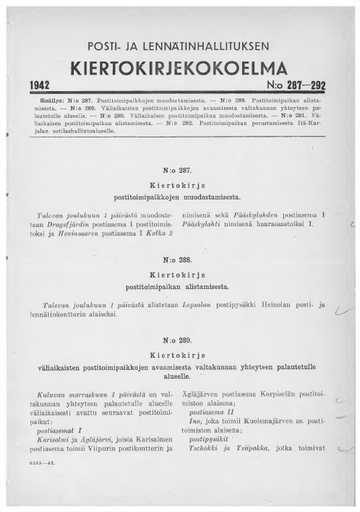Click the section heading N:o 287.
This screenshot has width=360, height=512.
click(181, 171)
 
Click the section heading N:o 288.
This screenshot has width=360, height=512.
click(181, 258)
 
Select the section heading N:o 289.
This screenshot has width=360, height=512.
click(181, 339)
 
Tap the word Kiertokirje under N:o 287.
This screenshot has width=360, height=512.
click(181, 187)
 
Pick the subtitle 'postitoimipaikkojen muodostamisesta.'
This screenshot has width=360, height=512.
click(181, 199)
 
